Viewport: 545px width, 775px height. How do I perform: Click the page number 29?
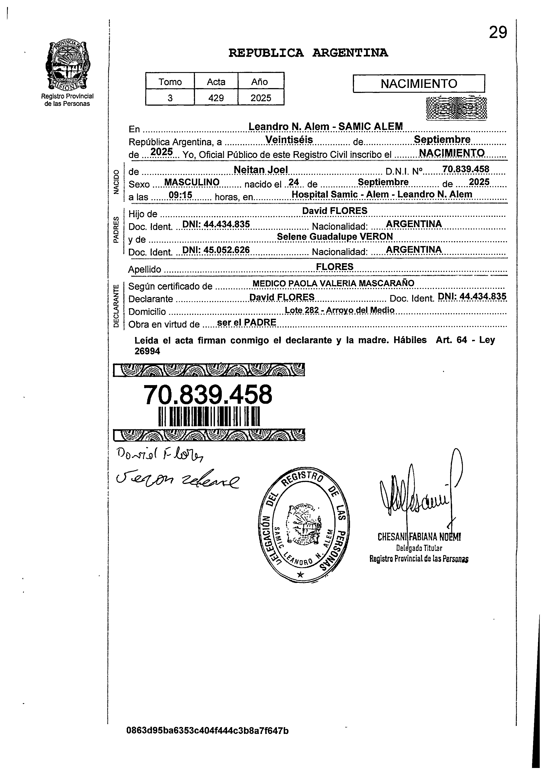click(x=498, y=33)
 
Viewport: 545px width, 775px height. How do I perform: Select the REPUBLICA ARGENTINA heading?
click(x=308, y=53)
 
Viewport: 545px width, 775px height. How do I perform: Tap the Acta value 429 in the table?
click(x=216, y=98)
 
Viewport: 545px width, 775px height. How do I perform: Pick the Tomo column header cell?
click(x=170, y=82)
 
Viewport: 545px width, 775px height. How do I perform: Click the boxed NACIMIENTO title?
click(x=419, y=83)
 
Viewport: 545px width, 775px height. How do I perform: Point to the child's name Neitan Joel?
click(x=260, y=170)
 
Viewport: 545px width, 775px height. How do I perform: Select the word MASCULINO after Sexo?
click(x=192, y=182)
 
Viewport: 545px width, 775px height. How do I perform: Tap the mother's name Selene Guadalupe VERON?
click(x=335, y=237)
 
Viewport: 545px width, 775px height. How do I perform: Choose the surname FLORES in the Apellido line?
click(x=334, y=267)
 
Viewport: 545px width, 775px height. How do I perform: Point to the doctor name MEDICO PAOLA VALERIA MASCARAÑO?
click(x=333, y=283)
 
